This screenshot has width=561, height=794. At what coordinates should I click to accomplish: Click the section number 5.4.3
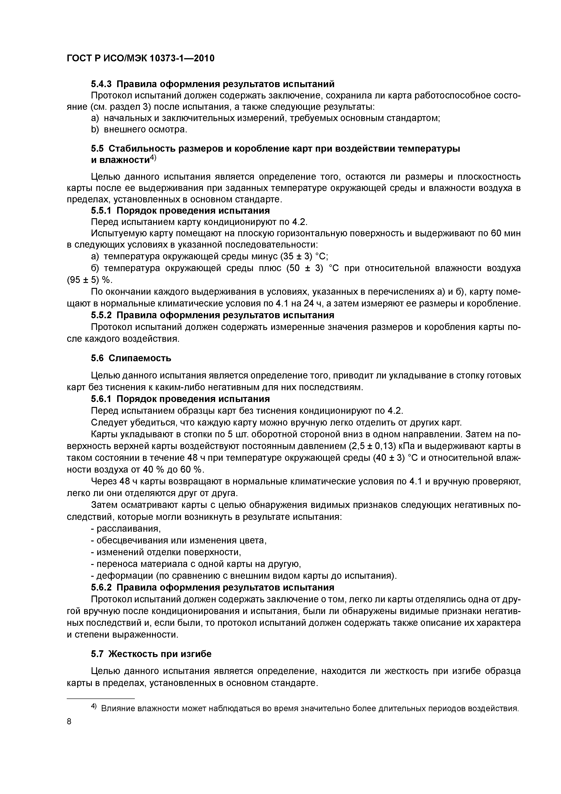point(102,84)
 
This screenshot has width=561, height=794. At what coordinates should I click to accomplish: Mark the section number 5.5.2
point(102,315)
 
